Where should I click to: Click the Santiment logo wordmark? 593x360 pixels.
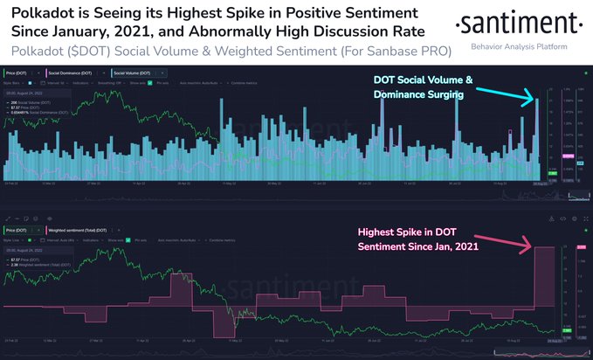[520, 22]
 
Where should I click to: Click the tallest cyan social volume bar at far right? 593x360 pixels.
[538, 140]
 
